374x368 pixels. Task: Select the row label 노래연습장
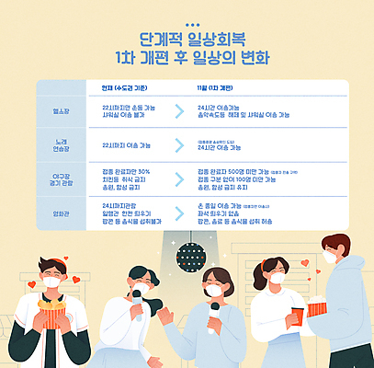(62, 145)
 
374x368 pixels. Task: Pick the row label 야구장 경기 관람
(62, 178)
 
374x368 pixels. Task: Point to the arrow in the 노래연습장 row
(177, 145)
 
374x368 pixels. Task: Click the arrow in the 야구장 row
(177, 178)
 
